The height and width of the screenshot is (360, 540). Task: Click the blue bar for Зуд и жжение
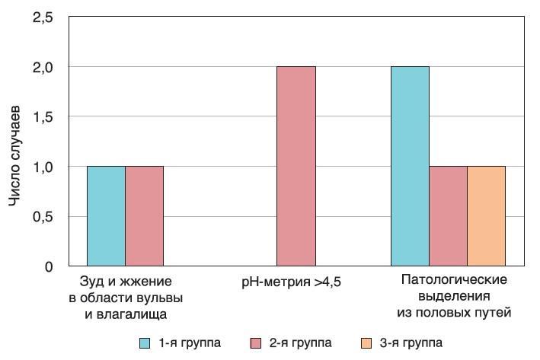[106, 216]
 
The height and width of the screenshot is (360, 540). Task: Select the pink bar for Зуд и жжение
[144, 216]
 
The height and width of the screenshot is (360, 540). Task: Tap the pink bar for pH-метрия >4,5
[296, 167]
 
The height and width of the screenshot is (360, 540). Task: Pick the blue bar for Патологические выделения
[410, 167]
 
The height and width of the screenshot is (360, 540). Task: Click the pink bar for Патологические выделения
[448, 216]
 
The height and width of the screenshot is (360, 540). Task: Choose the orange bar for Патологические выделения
[486, 216]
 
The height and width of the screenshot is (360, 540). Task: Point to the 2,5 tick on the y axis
[43, 18]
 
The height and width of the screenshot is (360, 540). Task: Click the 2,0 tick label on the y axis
[43, 67]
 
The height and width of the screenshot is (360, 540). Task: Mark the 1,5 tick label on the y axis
[43, 116]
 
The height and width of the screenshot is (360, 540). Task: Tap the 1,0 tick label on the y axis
[43, 167]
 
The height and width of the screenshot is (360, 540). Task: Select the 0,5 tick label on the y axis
[43, 216]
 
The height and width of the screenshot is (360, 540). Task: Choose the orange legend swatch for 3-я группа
[366, 342]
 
